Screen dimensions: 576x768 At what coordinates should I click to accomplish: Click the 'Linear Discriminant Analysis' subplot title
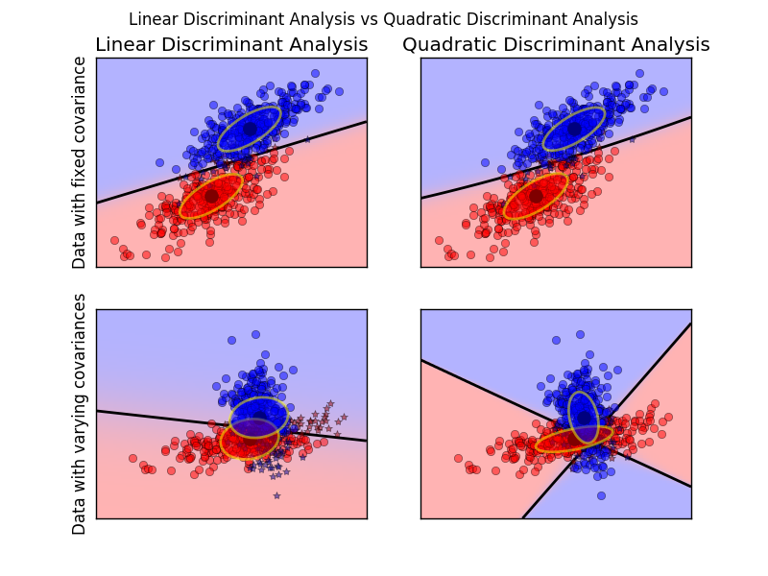pos(231,45)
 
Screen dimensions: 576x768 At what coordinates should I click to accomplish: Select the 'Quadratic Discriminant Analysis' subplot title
pos(556,45)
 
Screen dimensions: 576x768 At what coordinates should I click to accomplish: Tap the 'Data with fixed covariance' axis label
pos(80,162)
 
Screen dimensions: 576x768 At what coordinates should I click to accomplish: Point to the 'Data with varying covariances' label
pos(80,414)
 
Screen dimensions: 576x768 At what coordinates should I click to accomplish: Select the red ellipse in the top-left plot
pos(211,196)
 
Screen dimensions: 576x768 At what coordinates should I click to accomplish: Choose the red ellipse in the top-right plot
pos(536,196)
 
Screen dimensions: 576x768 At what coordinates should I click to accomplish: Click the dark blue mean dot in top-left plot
pos(250,129)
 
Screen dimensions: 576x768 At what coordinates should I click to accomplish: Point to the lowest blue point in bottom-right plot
pos(601,495)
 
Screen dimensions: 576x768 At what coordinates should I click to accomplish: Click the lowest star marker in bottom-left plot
pos(276,495)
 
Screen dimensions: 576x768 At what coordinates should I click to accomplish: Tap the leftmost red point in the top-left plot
pos(114,240)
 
